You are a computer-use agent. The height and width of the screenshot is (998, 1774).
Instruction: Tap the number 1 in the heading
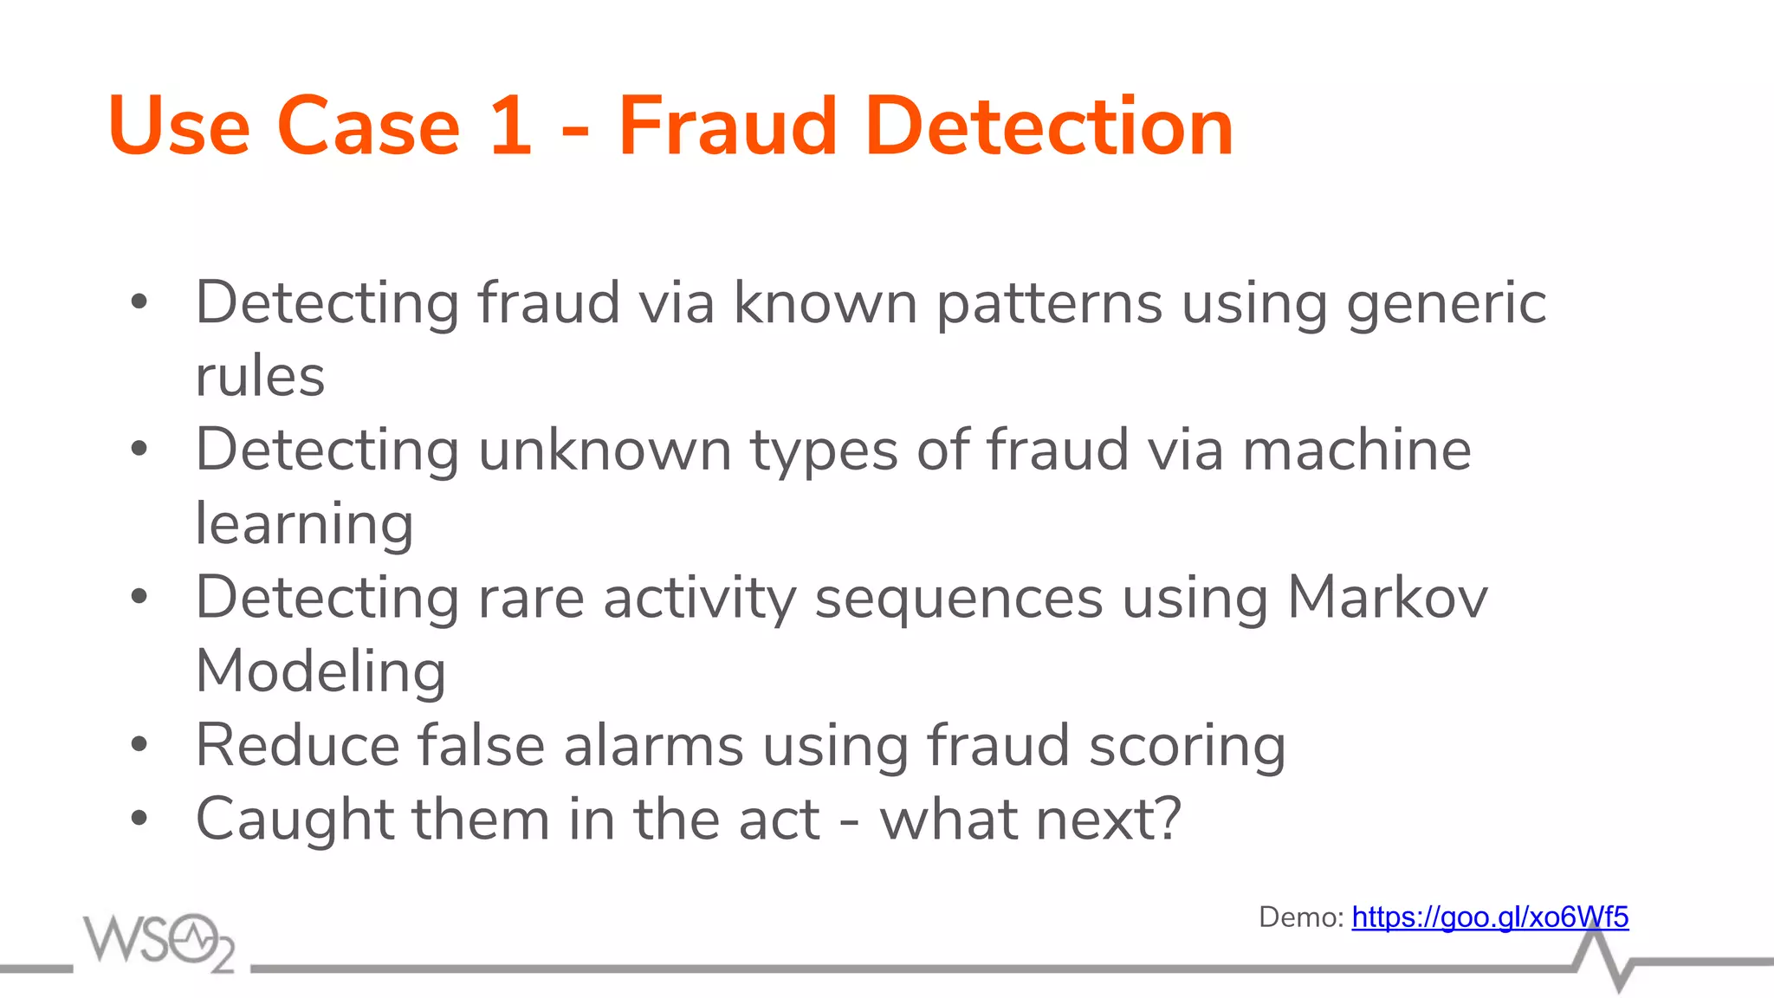tap(509, 126)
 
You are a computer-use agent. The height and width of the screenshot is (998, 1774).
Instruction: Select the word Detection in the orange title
tap(1049, 126)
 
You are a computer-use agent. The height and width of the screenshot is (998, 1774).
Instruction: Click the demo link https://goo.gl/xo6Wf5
tap(1490, 917)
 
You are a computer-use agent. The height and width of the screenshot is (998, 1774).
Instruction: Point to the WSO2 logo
tap(159, 942)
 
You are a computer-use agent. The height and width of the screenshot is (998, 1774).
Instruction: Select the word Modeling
tap(320, 672)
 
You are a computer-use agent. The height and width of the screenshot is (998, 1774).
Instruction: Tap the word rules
tap(260, 376)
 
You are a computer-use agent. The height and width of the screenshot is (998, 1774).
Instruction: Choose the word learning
tap(304, 525)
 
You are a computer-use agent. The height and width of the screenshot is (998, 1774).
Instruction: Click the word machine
tap(1356, 450)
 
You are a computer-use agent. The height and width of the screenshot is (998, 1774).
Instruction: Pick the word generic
tap(1446, 303)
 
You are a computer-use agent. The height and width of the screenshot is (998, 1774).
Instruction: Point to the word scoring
tap(1187, 747)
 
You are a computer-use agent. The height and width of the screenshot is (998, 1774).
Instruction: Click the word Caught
tap(294, 820)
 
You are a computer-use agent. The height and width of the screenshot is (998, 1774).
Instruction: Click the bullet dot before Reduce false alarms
tap(139, 744)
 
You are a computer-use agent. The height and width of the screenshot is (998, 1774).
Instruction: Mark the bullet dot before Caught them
tap(139, 818)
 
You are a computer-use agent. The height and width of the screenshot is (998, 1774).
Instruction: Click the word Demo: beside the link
tap(1300, 917)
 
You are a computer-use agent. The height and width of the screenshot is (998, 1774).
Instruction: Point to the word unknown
tap(605, 450)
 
